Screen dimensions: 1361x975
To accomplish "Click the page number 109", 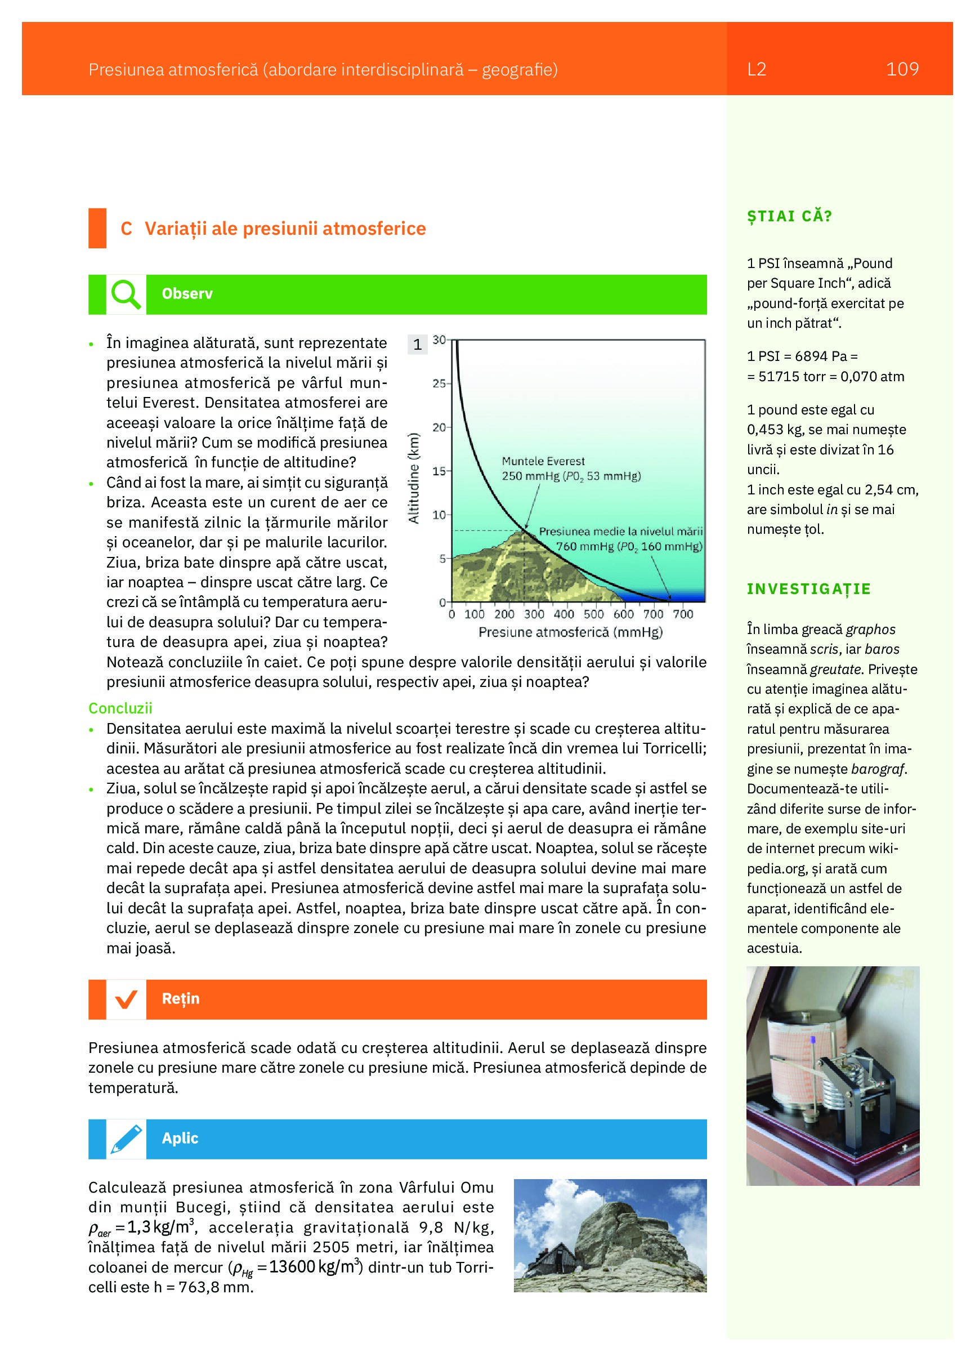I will coord(902,70).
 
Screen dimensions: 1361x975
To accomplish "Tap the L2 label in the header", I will coord(757,70).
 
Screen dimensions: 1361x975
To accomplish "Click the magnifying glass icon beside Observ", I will coord(126,294).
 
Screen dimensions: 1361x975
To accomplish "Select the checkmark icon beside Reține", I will coord(126,999).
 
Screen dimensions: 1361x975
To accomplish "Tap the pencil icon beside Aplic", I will coord(126,1139).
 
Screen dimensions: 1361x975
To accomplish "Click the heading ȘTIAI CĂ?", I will coord(790,217).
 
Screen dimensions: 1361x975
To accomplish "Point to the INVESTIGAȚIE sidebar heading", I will coord(808,588).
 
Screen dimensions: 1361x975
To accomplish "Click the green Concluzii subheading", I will coord(120,708).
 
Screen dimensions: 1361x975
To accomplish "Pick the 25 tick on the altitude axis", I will coord(439,383).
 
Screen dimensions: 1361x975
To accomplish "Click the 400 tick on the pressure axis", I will coord(563,614).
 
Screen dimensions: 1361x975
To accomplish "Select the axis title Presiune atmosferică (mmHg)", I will coord(571,632).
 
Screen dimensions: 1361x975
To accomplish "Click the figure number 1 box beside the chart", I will coord(417,345).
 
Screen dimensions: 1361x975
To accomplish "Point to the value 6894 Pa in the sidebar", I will coord(820,356).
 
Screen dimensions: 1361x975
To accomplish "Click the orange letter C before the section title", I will coord(126,229).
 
